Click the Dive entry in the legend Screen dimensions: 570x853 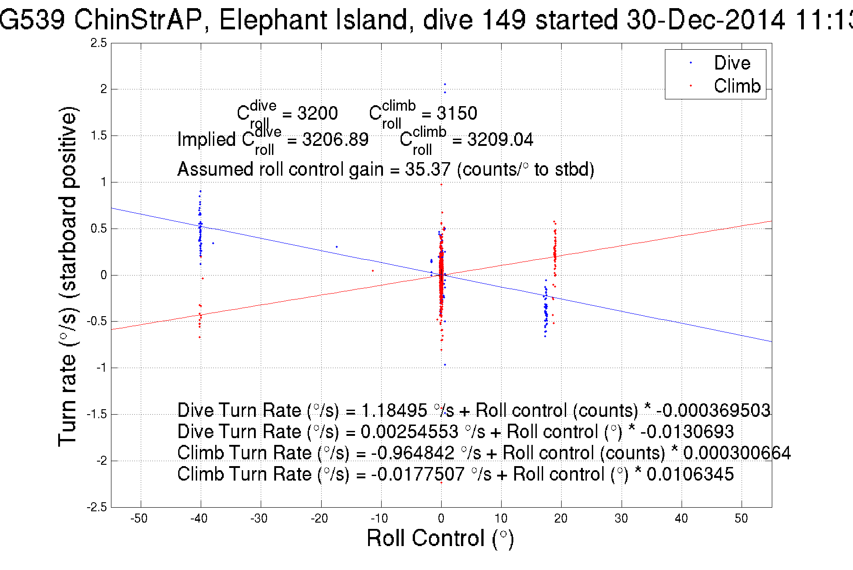pos(732,63)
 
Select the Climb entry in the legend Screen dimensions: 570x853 pos(737,86)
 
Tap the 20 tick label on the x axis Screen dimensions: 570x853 pos(561,519)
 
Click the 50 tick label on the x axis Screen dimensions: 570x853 pos(741,519)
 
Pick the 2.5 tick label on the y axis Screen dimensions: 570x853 pos(99,43)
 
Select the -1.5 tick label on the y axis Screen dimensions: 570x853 pos(97,414)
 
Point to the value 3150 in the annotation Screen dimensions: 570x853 pos(456,113)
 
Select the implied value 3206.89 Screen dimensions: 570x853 pos(335,140)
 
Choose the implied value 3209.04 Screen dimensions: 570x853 pos(500,140)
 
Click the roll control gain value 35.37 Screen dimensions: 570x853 pos(428,169)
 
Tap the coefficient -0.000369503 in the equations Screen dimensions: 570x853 pos(713,410)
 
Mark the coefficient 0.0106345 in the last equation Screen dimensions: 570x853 pos(690,474)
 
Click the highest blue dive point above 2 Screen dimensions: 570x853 pos(445,84)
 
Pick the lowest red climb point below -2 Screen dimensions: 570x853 pos(441,482)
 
